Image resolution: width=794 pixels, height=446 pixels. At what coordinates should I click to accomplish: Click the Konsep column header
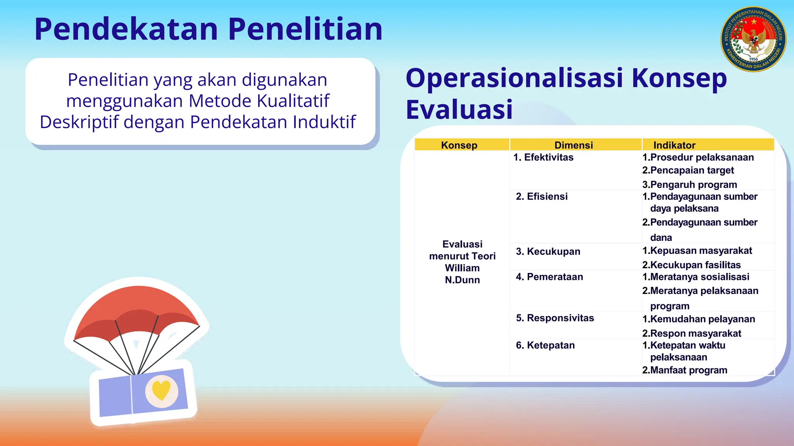click(x=459, y=145)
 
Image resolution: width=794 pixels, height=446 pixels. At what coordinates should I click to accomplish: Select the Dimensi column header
click(x=573, y=145)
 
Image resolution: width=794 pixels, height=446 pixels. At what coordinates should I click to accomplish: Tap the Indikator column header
click(x=674, y=145)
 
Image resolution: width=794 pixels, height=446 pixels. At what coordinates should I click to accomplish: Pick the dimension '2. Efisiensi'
click(x=542, y=196)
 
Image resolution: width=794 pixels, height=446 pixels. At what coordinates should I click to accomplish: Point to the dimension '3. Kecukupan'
click(x=548, y=251)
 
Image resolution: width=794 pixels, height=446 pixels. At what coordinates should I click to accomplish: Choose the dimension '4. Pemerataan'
click(x=549, y=277)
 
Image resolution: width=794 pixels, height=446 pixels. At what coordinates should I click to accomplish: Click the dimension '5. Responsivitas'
click(x=555, y=318)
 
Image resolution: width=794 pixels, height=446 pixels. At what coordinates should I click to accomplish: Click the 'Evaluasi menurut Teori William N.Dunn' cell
click(x=462, y=262)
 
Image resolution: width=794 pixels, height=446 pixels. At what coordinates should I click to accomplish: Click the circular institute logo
click(x=753, y=39)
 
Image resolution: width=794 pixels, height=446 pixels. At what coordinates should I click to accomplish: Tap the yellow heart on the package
click(x=161, y=390)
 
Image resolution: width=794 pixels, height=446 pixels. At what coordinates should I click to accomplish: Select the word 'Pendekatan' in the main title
click(x=126, y=29)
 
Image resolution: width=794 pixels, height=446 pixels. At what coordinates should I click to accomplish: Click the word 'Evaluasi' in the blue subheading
click(x=459, y=110)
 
